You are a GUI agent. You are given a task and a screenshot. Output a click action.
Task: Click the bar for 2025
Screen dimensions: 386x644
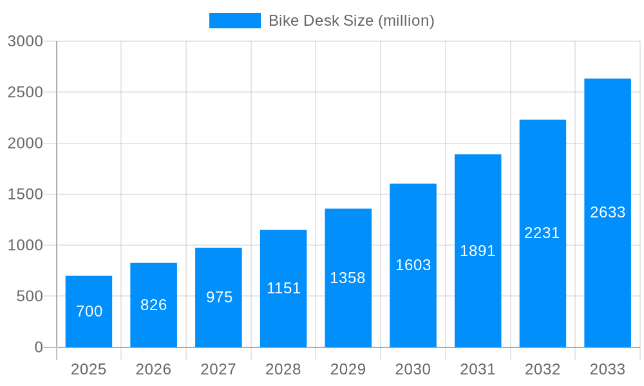tap(89, 312)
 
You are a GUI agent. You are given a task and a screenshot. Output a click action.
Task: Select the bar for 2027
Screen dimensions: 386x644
tap(218, 297)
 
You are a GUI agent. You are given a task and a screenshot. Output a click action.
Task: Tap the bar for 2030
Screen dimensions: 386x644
tap(413, 265)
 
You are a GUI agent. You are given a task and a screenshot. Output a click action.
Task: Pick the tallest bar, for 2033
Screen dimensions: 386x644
tap(607, 212)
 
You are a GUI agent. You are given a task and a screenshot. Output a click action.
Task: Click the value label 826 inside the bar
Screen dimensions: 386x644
tap(154, 305)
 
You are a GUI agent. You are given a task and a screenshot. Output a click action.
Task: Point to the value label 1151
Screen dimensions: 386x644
tap(283, 288)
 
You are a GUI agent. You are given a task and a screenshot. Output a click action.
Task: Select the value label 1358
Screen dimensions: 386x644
tap(348, 278)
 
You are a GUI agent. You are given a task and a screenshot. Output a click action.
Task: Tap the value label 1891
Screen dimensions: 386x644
tap(478, 251)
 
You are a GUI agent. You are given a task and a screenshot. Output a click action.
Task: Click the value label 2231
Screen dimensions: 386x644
tap(542, 233)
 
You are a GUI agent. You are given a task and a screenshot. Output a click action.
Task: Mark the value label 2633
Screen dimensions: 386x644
tap(607, 212)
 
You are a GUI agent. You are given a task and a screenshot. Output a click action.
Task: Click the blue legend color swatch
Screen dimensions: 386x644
tap(235, 21)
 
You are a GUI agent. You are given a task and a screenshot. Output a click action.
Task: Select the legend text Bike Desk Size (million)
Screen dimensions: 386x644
tap(351, 21)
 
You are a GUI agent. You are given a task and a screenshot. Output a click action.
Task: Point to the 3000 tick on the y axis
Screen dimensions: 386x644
tap(25, 41)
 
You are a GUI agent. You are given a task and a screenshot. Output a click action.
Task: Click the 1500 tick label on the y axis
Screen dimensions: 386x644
tap(25, 194)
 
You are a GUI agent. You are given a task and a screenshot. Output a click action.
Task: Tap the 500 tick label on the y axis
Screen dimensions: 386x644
tap(29, 297)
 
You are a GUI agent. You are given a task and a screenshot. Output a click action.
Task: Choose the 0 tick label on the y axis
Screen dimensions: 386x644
tap(38, 347)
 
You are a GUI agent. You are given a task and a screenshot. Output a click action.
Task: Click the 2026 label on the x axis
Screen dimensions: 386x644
tap(154, 369)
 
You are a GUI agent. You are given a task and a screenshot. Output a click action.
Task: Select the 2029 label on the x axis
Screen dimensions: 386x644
tap(348, 369)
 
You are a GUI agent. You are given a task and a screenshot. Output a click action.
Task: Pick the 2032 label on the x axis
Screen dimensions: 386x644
tap(542, 369)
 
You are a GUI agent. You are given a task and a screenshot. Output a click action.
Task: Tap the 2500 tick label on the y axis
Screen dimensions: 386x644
tap(25, 92)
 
